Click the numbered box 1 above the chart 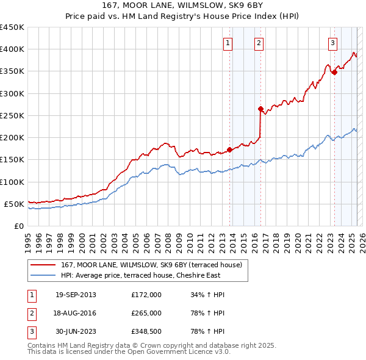(x=228, y=43)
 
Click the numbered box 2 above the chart (x=259, y=43)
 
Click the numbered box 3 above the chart (x=332, y=43)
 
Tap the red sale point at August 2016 (x=260, y=109)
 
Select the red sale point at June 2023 (x=334, y=73)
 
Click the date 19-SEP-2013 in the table (x=76, y=295)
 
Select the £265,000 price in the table (x=146, y=313)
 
